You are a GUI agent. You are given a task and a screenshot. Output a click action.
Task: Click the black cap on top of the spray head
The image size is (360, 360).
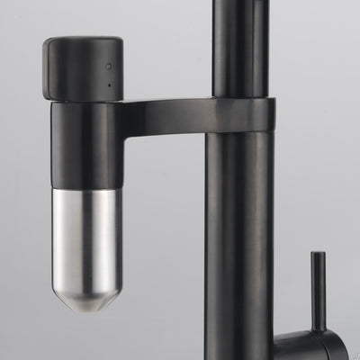click(x=83, y=68)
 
